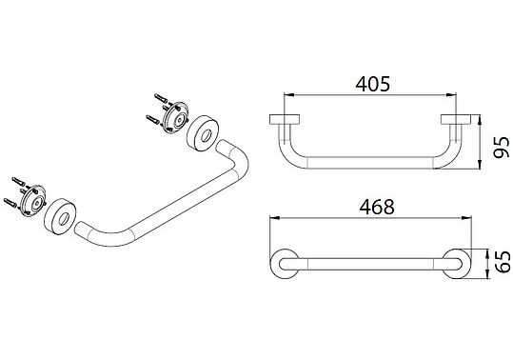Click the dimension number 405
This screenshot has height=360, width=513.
coord(373,84)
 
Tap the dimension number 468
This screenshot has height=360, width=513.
coord(377,207)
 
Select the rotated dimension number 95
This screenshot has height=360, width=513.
coord(502,148)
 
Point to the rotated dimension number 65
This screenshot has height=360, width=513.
coord(503,262)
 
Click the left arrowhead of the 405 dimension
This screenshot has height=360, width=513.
coord(288,95)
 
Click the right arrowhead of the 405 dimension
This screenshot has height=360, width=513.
coord(451,95)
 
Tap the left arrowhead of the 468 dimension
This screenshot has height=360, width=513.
coord(274,218)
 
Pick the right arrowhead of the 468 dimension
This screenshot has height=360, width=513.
coord(466,218)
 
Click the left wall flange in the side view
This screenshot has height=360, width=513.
coord(285,119)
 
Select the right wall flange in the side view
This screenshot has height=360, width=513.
coord(456,119)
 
